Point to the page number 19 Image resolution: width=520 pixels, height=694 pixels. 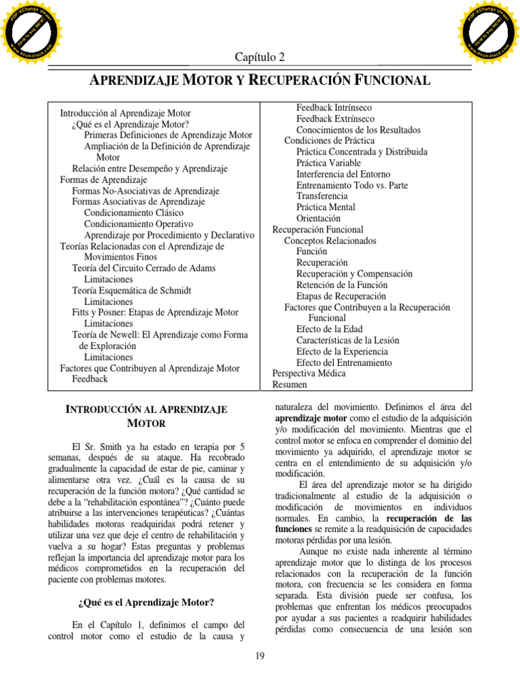click(x=260, y=655)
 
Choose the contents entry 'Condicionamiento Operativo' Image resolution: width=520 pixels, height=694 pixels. click(x=138, y=224)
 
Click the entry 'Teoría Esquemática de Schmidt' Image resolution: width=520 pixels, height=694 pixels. click(x=131, y=290)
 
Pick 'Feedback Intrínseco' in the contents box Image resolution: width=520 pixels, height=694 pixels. click(x=334, y=108)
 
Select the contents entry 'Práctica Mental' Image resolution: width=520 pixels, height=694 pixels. click(x=326, y=207)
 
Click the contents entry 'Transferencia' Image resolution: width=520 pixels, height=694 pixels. click(x=326, y=196)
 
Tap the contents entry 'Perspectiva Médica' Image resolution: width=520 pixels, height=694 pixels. click(x=309, y=373)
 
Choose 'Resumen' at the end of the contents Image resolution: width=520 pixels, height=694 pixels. click(x=290, y=384)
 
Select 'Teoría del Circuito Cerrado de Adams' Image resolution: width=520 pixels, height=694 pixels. click(x=144, y=268)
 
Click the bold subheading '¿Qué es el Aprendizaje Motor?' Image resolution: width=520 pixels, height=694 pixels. click(x=146, y=602)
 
